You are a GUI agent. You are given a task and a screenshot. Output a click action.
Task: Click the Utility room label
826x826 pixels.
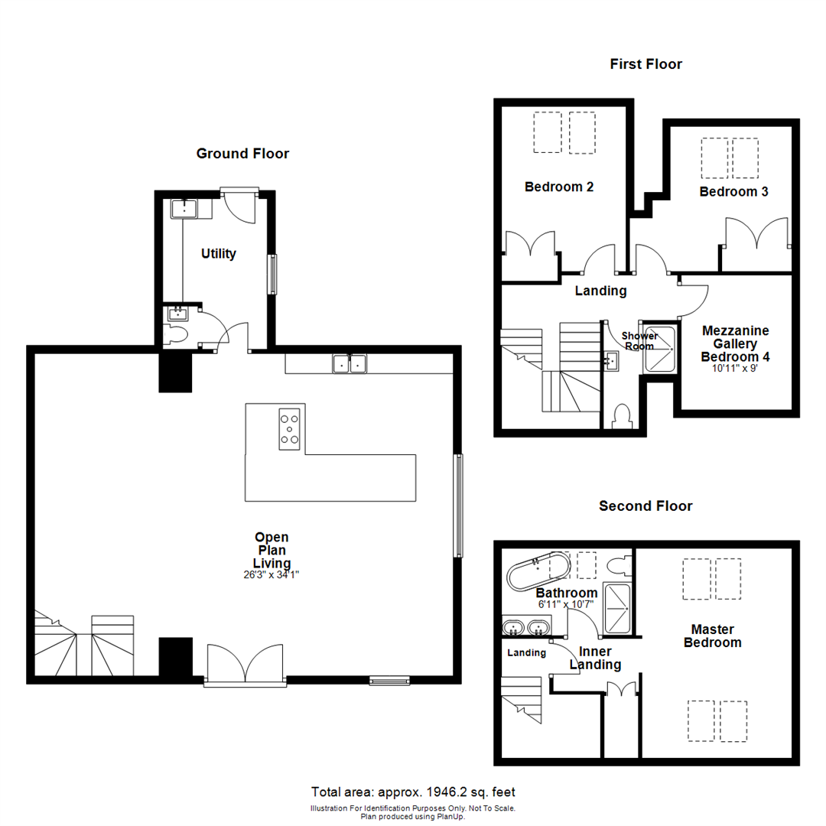coord(218,254)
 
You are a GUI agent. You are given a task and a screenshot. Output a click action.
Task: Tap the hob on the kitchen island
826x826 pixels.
coord(290,428)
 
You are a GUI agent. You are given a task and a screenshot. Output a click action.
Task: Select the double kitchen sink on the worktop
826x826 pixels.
coord(350,364)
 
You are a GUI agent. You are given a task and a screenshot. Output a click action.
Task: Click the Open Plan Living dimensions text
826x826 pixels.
coord(271,575)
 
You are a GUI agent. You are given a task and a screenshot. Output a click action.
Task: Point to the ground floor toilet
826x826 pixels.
coord(177,335)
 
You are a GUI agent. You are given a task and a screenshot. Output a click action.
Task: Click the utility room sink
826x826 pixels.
coord(184,207)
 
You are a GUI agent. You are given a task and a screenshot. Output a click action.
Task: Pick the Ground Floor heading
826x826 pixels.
coord(242,154)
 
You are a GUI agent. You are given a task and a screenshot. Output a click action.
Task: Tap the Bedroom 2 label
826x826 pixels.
coord(559,187)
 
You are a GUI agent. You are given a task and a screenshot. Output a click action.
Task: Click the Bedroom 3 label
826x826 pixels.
coord(733,192)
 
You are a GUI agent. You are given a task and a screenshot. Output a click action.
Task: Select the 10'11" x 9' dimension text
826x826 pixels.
coord(735,367)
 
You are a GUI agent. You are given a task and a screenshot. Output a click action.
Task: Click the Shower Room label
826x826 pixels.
coord(639,341)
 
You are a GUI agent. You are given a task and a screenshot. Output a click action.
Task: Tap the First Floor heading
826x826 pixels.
coord(646,64)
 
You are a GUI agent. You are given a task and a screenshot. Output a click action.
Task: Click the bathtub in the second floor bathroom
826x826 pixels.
coord(539,571)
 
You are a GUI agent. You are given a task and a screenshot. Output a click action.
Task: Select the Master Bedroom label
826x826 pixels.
coord(712,636)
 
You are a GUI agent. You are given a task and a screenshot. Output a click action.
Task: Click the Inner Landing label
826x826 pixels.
coord(595,659)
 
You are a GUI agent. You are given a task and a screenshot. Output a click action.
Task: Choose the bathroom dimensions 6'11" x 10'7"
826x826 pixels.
coord(565,604)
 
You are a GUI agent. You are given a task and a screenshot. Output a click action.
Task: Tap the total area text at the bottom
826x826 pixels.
coord(418,792)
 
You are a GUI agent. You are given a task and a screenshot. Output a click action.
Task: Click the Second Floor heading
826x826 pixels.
coord(646,506)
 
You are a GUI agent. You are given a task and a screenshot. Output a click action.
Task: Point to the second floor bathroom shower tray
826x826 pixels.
coord(617,608)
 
